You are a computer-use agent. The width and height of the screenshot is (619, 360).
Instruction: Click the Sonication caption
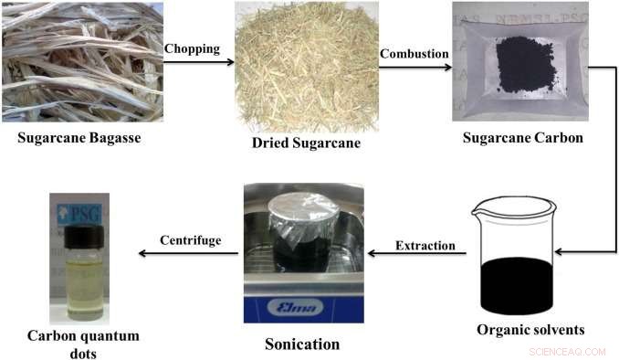(x=302, y=344)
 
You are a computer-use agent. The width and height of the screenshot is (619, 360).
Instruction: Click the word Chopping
(x=192, y=48)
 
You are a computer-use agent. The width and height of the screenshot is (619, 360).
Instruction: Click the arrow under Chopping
(x=192, y=62)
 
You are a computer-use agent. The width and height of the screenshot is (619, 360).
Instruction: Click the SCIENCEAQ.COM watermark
(x=567, y=350)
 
